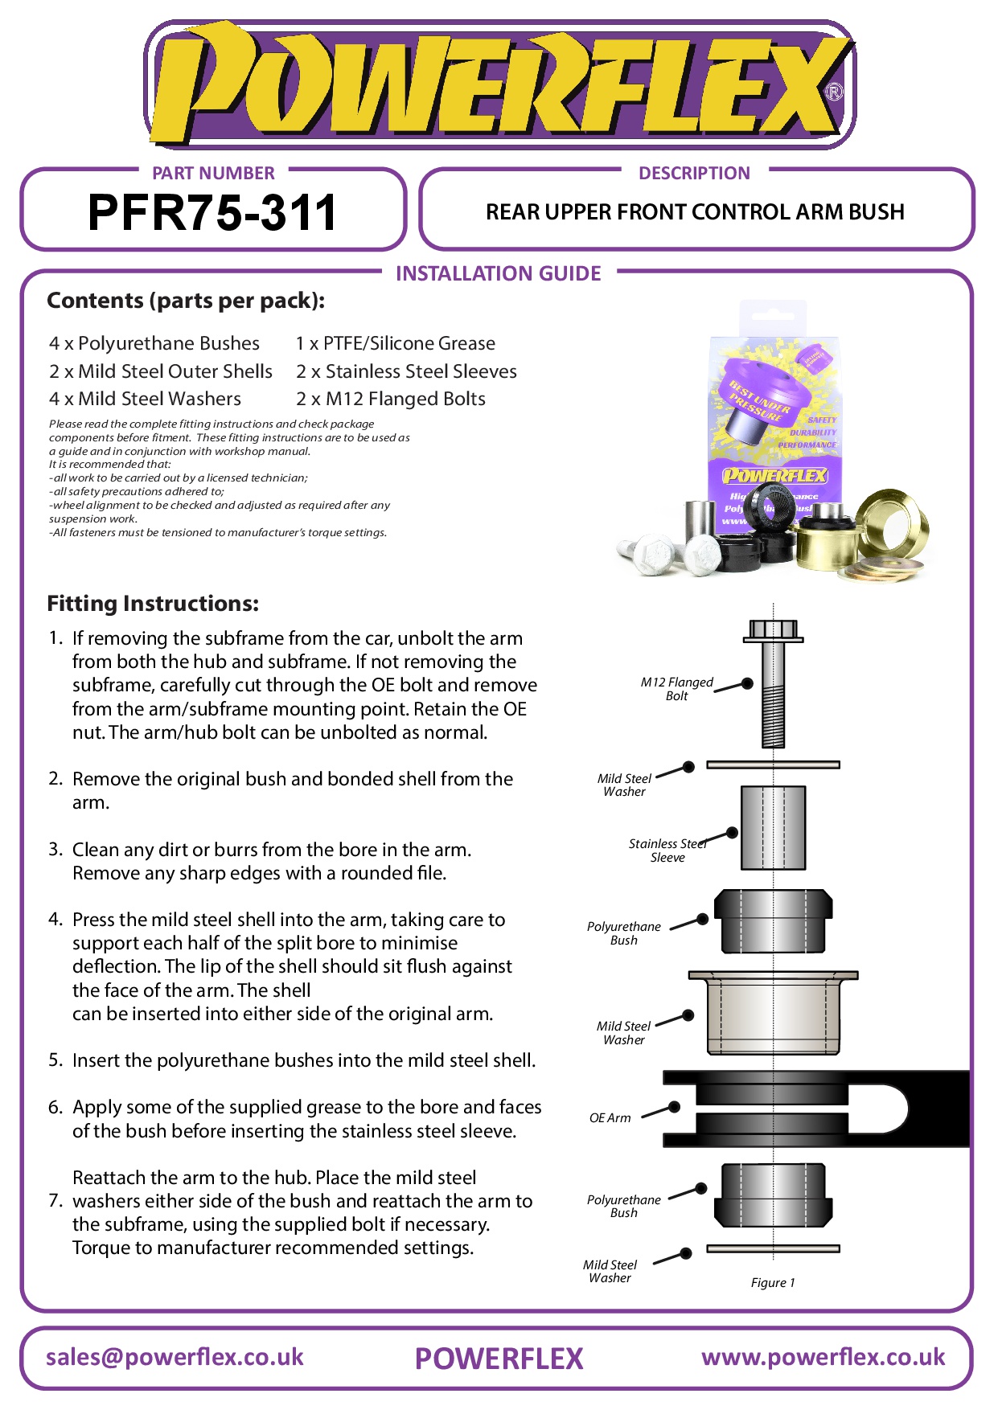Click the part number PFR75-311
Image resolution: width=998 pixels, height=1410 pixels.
[212, 213]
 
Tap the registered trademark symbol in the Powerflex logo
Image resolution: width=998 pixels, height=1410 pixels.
[834, 92]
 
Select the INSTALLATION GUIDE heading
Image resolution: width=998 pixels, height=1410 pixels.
[498, 274]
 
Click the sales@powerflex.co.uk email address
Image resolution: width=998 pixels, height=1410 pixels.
[175, 1357]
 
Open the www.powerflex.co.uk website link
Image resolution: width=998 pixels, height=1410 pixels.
[823, 1357]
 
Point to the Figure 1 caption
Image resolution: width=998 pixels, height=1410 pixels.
[772, 1282]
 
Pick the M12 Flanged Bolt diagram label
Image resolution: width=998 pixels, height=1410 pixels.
[676, 689]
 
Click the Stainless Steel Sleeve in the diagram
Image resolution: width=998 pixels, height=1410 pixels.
[773, 827]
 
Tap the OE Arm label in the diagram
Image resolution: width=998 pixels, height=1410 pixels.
[610, 1117]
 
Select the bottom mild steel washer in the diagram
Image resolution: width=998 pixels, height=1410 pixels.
[773, 1248]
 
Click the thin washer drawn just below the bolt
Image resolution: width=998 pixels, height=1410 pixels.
[773, 764]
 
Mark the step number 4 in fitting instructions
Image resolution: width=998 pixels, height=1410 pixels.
[55, 919]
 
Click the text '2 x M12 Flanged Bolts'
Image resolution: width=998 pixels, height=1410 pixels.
[391, 399]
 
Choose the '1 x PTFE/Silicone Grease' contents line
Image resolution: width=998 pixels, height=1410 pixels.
[395, 343]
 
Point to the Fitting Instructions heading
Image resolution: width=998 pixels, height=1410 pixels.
[153, 604]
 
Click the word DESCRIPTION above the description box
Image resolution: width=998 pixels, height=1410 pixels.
[694, 173]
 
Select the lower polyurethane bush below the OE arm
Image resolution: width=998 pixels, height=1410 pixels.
[773, 1195]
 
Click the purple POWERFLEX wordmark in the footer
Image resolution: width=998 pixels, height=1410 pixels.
[499, 1359]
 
